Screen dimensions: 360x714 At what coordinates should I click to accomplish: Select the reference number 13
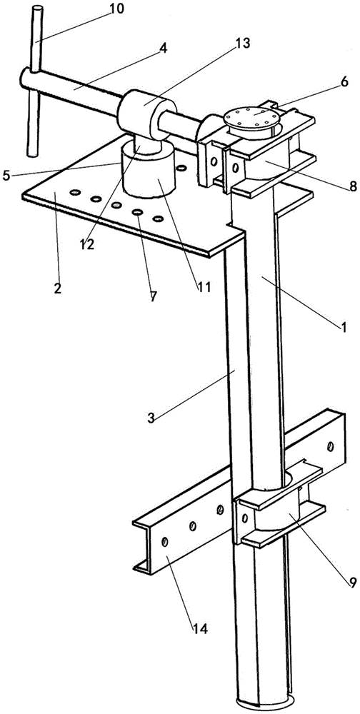[242, 44]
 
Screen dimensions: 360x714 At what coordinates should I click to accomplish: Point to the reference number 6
[344, 81]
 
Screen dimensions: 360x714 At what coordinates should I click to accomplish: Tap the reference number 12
[86, 244]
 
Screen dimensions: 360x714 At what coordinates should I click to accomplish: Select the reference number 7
[153, 296]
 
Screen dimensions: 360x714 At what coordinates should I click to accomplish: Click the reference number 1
[345, 326]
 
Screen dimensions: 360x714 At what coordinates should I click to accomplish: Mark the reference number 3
[152, 418]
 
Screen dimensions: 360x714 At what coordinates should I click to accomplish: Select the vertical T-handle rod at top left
[34, 81]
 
